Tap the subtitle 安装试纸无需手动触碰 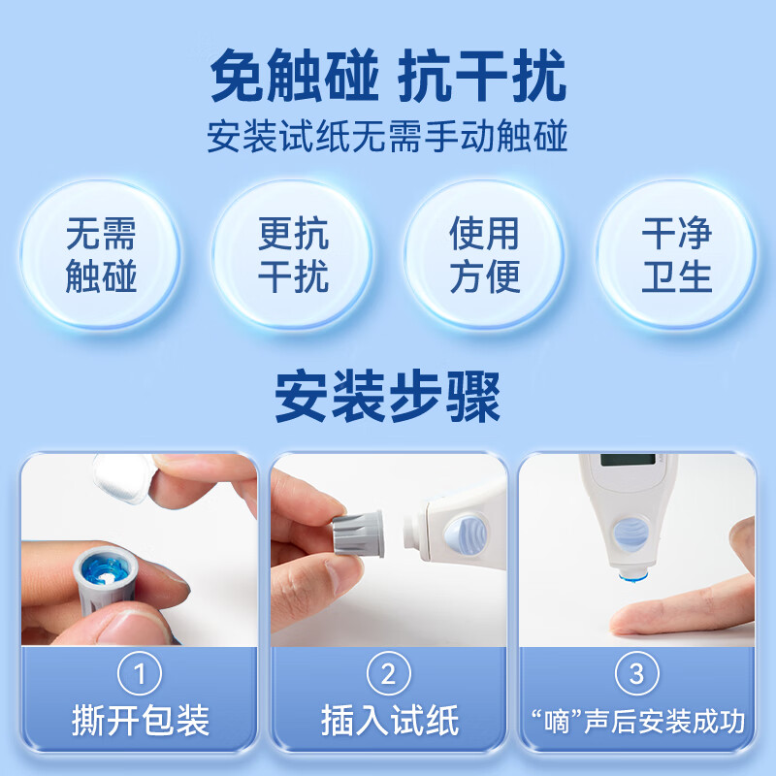[x=388, y=136]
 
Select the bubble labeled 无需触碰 [x=101, y=256]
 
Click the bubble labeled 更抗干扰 [x=293, y=256]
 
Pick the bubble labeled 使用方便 [x=484, y=256]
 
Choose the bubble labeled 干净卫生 [x=676, y=256]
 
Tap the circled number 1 [x=139, y=673]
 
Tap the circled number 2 [x=388, y=673]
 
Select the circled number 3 [x=636, y=673]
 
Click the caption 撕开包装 [x=139, y=721]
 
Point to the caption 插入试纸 [x=388, y=721]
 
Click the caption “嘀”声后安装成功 [x=636, y=722]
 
